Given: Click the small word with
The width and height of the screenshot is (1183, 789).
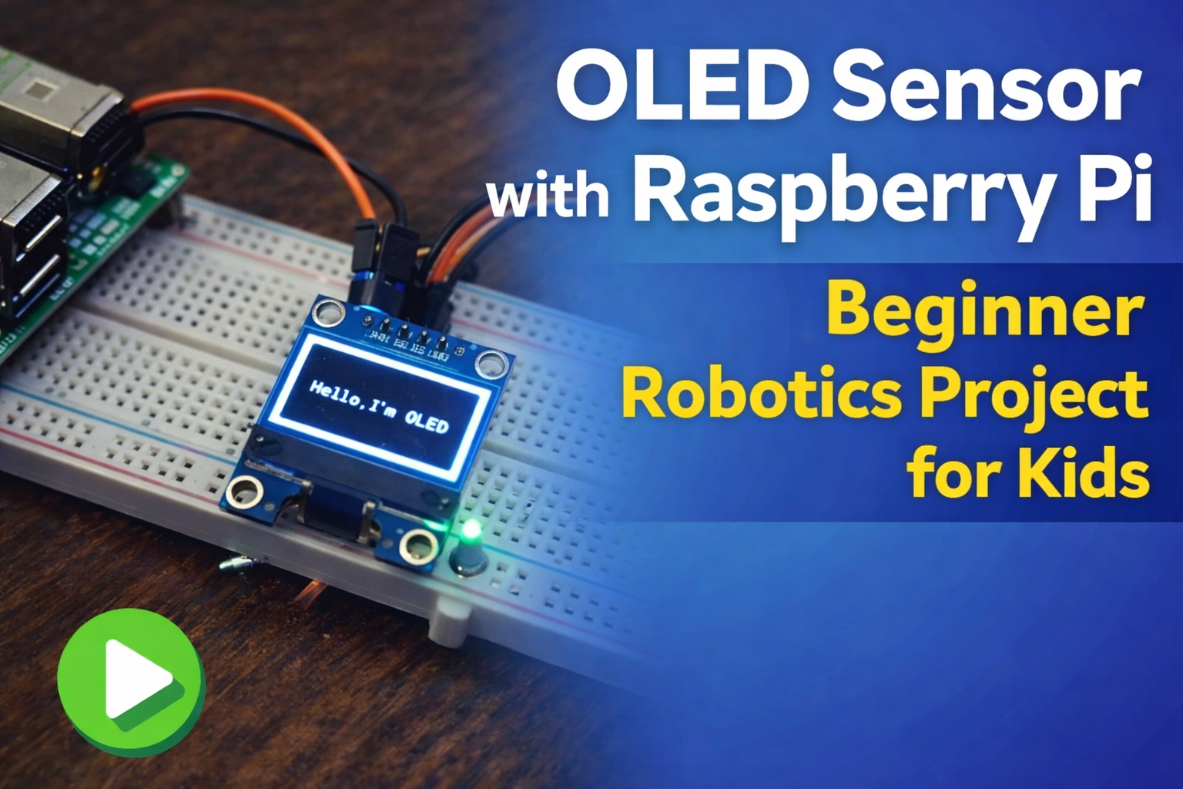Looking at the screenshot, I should click(x=548, y=196).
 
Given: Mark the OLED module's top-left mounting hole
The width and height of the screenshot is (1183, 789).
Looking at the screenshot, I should click(x=330, y=312).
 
